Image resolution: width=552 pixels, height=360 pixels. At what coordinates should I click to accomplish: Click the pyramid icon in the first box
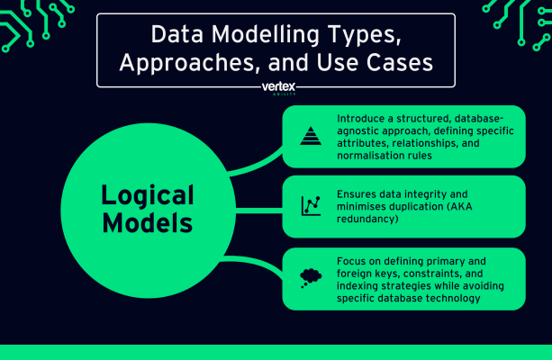(310, 136)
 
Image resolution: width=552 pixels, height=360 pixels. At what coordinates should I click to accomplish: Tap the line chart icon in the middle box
(311, 206)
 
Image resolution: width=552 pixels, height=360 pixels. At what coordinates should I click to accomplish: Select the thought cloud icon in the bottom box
(311, 276)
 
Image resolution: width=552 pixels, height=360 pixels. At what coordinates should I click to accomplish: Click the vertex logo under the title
(276, 88)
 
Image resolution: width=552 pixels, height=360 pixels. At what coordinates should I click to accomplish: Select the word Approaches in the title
(200, 64)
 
